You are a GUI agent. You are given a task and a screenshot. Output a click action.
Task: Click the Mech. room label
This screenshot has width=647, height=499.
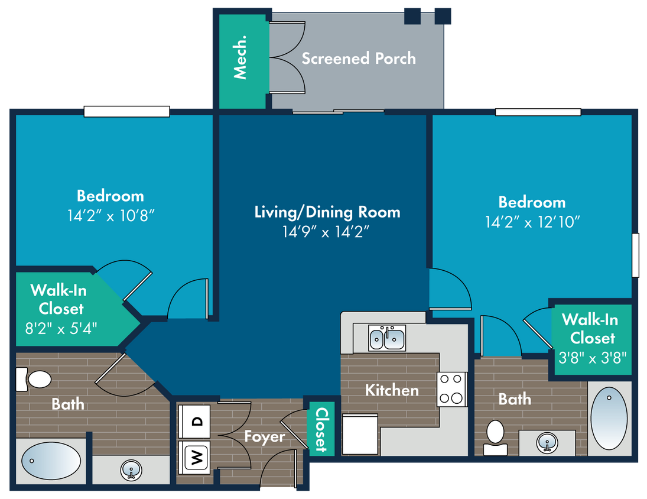pyautogui.click(x=240, y=57)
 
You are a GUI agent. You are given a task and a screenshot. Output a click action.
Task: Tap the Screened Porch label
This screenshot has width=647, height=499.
pyautogui.click(x=359, y=58)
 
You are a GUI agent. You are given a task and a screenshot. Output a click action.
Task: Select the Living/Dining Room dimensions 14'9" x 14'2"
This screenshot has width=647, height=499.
pyautogui.click(x=326, y=232)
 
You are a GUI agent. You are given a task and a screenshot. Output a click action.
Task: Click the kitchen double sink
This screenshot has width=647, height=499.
pyautogui.click(x=386, y=338)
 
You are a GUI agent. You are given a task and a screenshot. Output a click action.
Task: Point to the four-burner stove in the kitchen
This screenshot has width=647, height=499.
pyautogui.click(x=451, y=389)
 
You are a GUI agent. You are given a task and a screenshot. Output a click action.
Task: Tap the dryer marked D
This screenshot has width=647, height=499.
pyautogui.click(x=194, y=421)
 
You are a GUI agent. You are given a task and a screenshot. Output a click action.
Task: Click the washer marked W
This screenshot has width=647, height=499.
pyautogui.click(x=194, y=457)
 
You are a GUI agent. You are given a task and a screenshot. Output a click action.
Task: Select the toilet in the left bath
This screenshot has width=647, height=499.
pyautogui.click(x=34, y=379)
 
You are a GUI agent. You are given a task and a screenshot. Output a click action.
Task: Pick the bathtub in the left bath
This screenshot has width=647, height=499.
pyautogui.click(x=51, y=461)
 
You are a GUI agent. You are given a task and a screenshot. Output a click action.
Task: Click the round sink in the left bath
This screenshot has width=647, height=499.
pyautogui.click(x=131, y=469)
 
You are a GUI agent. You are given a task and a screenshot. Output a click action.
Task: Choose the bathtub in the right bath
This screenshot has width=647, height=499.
pyautogui.click(x=609, y=418)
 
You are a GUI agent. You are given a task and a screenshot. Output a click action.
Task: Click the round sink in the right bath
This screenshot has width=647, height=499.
pyautogui.click(x=547, y=443)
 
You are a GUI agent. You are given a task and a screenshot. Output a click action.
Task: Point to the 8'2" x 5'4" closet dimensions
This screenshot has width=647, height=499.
pyautogui.click(x=61, y=329)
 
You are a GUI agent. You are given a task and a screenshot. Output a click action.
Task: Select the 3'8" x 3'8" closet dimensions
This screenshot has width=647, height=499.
pyautogui.click(x=593, y=358)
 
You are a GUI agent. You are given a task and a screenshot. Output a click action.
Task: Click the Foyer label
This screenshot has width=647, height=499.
pyautogui.click(x=265, y=436)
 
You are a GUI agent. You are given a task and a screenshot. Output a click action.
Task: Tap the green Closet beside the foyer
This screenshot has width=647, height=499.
pyautogui.click(x=321, y=429)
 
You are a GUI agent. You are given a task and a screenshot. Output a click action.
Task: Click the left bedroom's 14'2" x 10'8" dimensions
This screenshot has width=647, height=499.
pyautogui.click(x=110, y=215)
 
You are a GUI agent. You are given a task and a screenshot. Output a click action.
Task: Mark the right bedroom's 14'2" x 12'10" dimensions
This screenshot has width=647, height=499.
pyautogui.click(x=532, y=222)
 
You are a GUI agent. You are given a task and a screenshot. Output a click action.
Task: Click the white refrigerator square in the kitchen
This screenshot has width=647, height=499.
pyautogui.click(x=360, y=434)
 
